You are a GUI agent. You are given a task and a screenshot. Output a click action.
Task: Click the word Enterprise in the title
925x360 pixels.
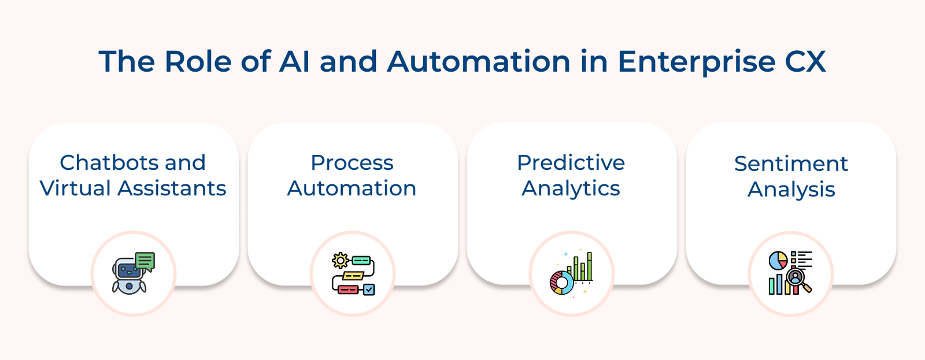697,62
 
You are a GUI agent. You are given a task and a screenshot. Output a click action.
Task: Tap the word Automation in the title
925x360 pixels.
479,61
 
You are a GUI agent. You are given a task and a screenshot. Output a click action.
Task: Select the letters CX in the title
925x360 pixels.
805,61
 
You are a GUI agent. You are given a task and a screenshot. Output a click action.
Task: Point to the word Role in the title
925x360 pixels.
198,61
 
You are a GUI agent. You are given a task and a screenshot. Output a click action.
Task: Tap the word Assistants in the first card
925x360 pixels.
172,188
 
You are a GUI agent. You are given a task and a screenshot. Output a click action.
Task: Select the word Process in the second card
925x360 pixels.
352,162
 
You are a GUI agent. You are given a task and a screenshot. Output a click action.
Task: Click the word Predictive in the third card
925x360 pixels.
571,162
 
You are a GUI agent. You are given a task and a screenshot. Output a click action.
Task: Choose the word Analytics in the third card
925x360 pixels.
571,189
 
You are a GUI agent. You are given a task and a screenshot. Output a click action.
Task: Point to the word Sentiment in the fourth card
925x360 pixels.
791,164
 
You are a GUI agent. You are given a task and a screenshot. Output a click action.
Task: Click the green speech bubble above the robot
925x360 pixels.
145,261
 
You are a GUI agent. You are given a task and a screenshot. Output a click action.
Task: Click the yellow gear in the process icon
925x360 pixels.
340,261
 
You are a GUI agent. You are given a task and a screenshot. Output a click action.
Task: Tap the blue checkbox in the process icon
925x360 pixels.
369,290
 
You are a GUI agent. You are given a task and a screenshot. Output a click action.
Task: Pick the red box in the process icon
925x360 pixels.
347,290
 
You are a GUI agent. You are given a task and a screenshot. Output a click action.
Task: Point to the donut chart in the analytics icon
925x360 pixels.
561,283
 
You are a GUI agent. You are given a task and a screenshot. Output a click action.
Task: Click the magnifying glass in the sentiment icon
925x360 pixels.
798,280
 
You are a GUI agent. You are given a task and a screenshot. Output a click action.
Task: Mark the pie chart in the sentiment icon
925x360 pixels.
778,260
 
